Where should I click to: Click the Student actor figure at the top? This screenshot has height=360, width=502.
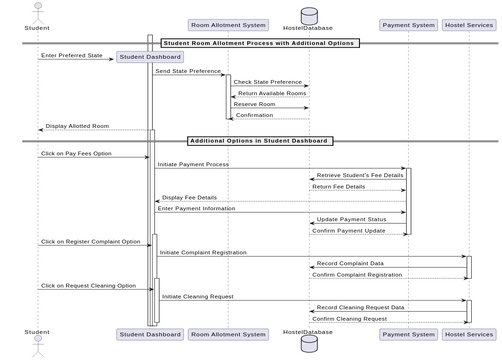point(36,12)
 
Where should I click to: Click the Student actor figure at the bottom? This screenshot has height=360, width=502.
point(36,346)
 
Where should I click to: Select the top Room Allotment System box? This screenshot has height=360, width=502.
point(228,25)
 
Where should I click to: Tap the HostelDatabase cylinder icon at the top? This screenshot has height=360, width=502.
point(308,16)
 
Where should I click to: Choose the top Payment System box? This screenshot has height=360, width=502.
point(408,25)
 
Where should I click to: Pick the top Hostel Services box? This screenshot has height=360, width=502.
point(467,25)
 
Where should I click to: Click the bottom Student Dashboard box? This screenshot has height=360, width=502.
point(150,333)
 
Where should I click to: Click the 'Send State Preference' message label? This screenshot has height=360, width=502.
point(188,71)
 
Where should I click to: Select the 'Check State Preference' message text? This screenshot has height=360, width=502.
point(267,82)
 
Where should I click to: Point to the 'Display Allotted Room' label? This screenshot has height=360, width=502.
point(76,126)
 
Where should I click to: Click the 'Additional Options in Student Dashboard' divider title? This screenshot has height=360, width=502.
point(260,141)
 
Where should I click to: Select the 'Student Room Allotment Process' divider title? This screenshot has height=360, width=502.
point(259,43)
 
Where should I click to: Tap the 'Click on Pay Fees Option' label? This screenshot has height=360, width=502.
point(76,154)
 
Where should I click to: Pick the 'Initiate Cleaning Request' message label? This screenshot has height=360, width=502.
point(198,296)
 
